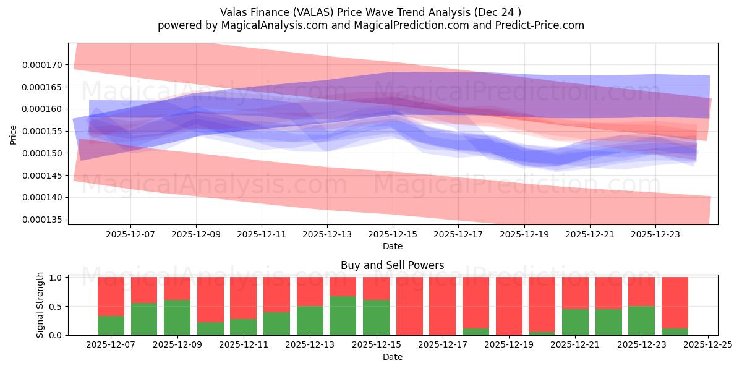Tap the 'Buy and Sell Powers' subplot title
[x=392, y=265]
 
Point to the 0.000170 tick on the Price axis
[x=44, y=65]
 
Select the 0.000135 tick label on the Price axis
[x=44, y=220]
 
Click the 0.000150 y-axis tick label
[x=44, y=153]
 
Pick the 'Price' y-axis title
[x=13, y=134]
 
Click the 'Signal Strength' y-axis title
[x=40, y=305]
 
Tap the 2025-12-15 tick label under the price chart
[x=393, y=234]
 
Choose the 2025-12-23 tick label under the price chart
[x=655, y=234]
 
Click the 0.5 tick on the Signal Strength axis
[x=56, y=307]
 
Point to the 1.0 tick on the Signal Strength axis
[x=56, y=278]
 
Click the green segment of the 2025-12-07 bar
[x=111, y=325]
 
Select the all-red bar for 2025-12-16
[x=409, y=306]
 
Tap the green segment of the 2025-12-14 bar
[x=343, y=315]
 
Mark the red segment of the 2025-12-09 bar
[x=177, y=288]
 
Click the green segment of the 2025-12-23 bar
[x=641, y=320]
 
